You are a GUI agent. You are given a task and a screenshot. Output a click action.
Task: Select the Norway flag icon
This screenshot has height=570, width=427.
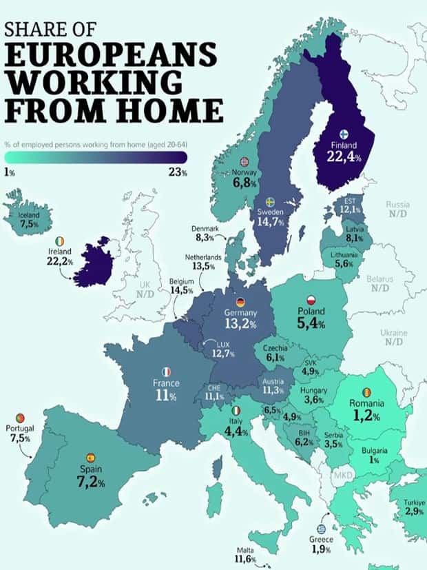(244, 161)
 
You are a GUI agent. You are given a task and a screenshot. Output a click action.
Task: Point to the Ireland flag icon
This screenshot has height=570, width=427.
(61, 241)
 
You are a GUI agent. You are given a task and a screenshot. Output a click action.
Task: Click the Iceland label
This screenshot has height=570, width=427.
(30, 214)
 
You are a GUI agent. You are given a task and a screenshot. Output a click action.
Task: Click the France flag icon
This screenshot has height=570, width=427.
(167, 371)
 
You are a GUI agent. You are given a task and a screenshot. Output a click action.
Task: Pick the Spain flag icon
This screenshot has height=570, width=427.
(90, 458)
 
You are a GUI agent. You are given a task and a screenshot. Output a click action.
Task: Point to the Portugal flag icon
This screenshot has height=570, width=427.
(21, 418)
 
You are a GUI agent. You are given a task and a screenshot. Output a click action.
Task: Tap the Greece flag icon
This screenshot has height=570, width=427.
(321, 527)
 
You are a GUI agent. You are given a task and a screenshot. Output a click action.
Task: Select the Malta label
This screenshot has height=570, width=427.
(246, 550)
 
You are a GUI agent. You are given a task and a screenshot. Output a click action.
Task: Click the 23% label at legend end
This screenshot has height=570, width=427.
(178, 172)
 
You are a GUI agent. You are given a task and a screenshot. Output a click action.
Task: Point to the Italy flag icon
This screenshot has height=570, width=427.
(236, 411)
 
